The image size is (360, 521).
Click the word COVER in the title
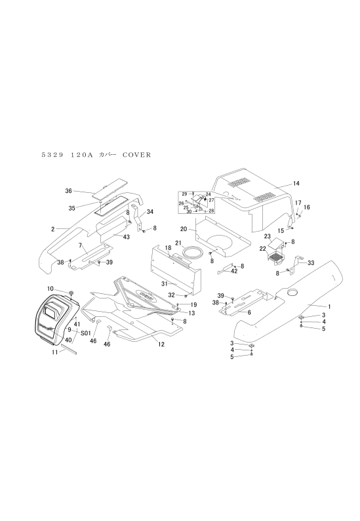point(137,155)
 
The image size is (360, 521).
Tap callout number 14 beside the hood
point(296,184)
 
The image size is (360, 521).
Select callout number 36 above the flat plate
point(68,191)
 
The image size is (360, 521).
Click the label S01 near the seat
point(85,332)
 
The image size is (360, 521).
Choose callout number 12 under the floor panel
point(161,344)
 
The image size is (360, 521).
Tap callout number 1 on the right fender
point(329,306)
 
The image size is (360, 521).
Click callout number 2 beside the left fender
point(53,229)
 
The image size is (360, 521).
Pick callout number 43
point(126,237)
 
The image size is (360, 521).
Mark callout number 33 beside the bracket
point(311,263)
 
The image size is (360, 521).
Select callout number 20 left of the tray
point(184,229)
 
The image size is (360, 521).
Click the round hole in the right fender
point(293,293)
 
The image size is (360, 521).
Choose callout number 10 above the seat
point(50,288)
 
